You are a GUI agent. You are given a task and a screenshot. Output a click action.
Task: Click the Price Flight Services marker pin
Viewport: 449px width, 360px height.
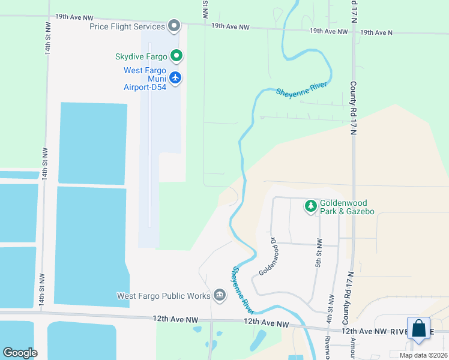[174, 26]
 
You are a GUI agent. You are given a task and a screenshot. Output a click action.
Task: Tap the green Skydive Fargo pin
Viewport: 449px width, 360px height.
[176, 56]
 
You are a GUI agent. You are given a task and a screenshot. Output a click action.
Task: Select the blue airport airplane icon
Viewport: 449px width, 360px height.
[175, 77]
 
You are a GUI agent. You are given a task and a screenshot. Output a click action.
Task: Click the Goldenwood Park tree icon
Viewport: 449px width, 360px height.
[311, 206]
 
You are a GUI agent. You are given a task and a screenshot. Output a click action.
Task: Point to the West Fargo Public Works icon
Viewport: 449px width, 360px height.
[219, 295]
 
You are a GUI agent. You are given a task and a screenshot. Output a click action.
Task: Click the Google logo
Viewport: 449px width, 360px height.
[20, 353]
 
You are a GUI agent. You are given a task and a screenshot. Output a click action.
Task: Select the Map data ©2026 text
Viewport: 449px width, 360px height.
[423, 355]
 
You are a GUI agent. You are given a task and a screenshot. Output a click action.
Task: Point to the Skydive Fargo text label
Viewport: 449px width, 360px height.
[141, 57]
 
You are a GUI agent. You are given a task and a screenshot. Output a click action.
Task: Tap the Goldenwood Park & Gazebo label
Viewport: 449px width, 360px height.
[347, 207]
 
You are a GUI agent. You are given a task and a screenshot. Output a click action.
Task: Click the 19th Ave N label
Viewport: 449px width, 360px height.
[375, 32]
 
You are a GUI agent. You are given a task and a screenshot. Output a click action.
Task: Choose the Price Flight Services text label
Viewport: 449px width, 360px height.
[127, 26]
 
